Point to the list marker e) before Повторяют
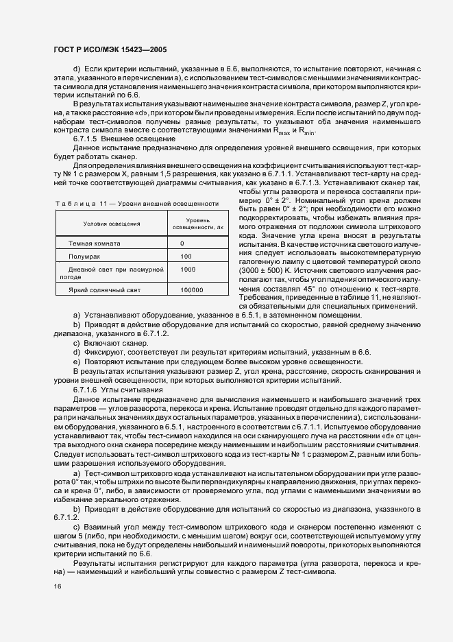coord(76,361)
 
